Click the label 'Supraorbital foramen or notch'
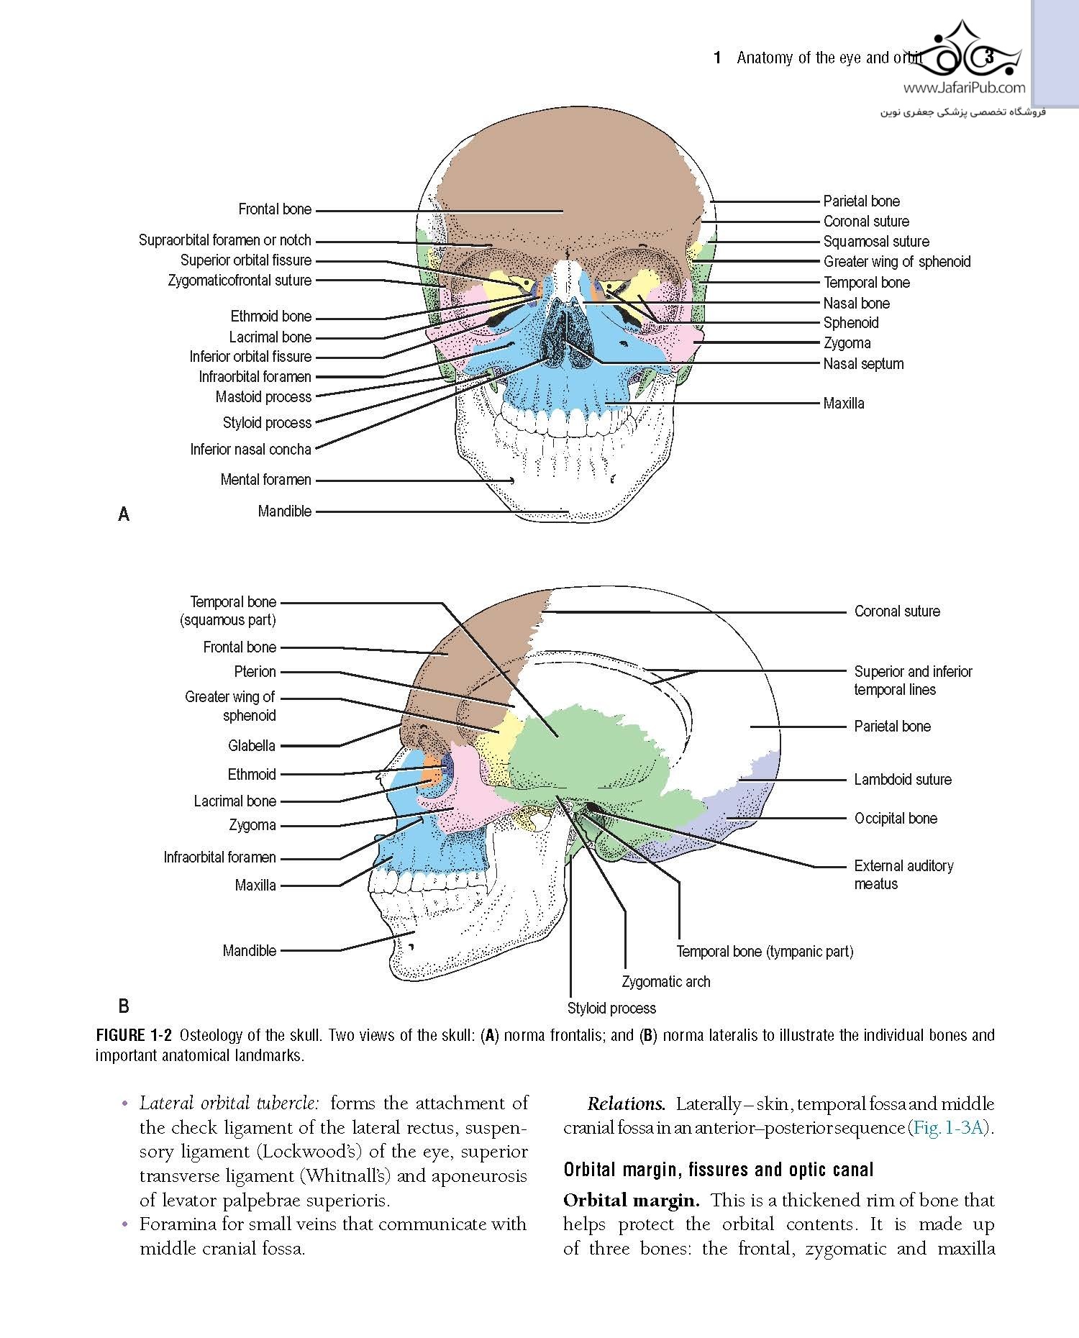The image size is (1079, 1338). (224, 240)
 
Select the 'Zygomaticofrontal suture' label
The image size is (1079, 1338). (240, 281)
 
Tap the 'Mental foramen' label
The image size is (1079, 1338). (265, 480)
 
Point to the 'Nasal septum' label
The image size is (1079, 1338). (863, 364)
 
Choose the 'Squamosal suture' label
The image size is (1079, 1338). (876, 242)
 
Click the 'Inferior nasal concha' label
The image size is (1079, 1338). (250, 450)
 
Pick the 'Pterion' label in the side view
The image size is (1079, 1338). (255, 672)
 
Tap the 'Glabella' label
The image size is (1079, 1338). (252, 746)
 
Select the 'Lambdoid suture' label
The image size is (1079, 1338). (903, 780)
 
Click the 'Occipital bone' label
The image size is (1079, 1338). (896, 819)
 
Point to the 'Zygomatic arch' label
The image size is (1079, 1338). (666, 982)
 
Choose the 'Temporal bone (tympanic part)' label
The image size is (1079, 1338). (765, 952)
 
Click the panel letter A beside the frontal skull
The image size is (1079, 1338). (124, 514)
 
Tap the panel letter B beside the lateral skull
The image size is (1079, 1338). (124, 1006)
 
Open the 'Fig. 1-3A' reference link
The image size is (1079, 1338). (948, 1127)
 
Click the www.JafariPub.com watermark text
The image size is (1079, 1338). (964, 88)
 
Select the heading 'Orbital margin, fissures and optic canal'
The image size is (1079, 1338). (719, 1170)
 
